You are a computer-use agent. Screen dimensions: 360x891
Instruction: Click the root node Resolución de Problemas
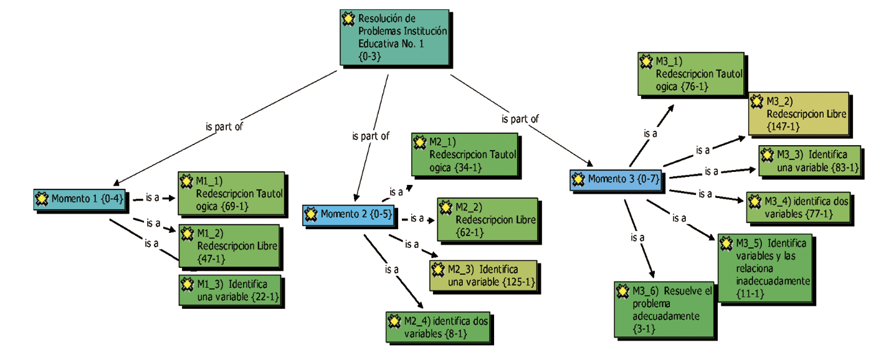point(395,37)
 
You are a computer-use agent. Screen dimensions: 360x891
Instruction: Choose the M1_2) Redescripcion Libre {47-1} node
point(231,245)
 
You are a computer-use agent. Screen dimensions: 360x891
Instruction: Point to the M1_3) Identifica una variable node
point(231,290)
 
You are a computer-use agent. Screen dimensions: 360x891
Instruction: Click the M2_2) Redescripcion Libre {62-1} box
point(487,220)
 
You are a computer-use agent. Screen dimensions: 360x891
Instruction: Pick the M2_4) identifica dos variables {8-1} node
point(438,326)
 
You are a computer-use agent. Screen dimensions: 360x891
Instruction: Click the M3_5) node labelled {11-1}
point(765,268)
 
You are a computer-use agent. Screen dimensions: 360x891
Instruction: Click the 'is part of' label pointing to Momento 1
point(224,126)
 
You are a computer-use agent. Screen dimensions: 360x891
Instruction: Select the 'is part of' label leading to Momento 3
point(520,118)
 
